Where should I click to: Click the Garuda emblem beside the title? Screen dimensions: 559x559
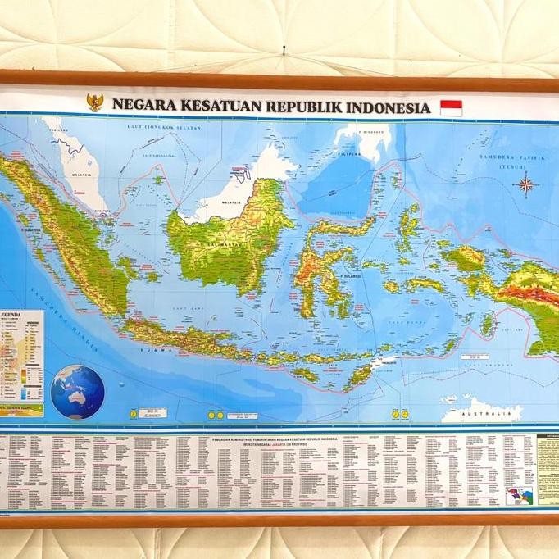pos(96,102)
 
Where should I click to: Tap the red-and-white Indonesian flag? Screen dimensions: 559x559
pos(451,107)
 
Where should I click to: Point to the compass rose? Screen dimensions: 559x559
pos(525,184)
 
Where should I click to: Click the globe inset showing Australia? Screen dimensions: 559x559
pos(78,392)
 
